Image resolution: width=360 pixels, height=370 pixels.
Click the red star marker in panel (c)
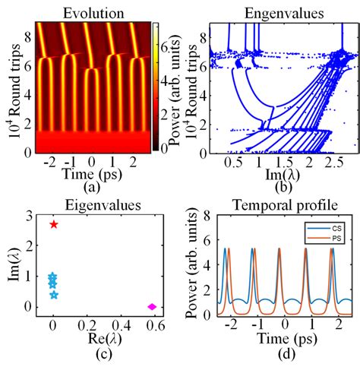pyautogui.click(x=53, y=224)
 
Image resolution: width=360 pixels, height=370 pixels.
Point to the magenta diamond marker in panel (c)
pyautogui.click(x=152, y=307)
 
